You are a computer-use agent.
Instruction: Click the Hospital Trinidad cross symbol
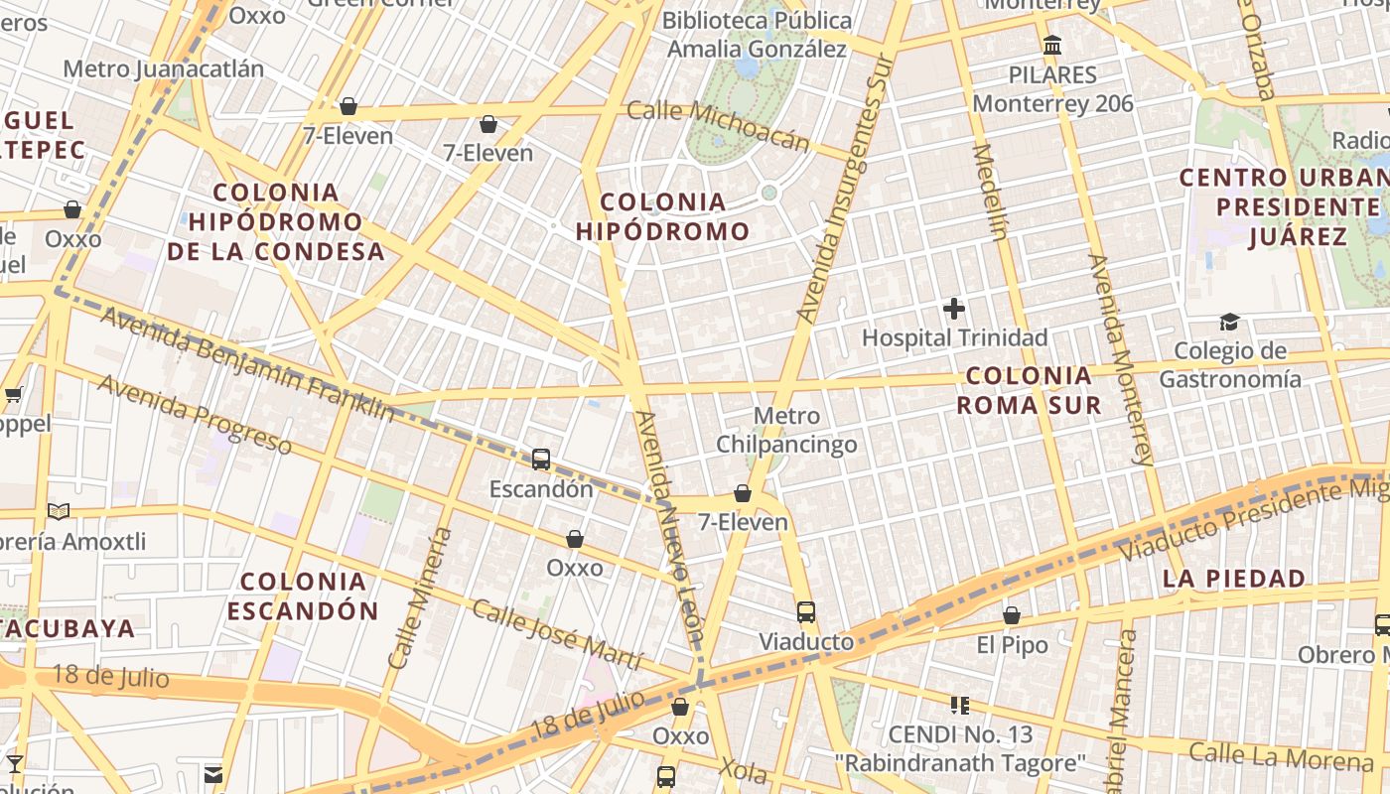point(954,309)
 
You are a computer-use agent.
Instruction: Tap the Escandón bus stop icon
point(541,460)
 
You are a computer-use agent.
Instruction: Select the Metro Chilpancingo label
point(786,430)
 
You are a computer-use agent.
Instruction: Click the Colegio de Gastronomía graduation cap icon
point(1230,323)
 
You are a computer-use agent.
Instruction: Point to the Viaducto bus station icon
point(806,612)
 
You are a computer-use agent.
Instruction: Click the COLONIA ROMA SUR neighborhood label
point(1029,390)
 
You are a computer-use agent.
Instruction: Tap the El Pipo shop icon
point(1012,616)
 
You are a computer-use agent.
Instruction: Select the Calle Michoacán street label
point(718,126)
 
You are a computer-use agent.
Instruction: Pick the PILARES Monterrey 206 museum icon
point(1052,46)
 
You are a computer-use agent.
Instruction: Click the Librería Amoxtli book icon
point(59,512)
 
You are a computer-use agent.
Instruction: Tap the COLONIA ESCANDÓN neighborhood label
point(303,595)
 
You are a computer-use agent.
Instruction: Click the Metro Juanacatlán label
point(164,68)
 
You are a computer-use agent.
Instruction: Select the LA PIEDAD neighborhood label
point(1233,578)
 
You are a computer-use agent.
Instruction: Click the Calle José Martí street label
point(556,634)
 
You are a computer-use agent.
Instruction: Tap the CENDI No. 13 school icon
point(959,706)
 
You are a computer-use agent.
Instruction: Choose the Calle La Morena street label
point(1281,756)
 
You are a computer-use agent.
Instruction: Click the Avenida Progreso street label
point(195,414)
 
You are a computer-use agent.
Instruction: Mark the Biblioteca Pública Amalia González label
point(757,34)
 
